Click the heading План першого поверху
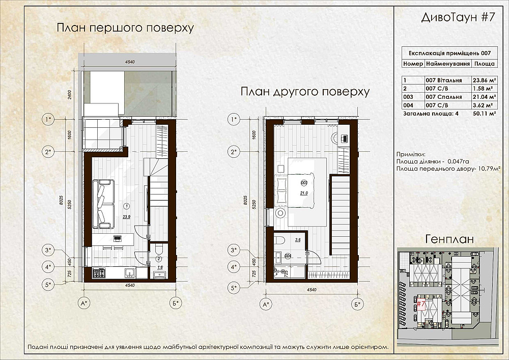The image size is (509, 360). coord(125,27)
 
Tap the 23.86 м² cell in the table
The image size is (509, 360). coord(484,80)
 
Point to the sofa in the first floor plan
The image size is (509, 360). coord(103,204)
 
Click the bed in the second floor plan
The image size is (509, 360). coord(301,190)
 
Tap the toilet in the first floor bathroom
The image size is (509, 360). coord(158,250)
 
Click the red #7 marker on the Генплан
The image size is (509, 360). coord(421,304)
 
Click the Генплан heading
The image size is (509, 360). coord(449,239)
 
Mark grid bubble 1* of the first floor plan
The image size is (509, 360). coord(49,120)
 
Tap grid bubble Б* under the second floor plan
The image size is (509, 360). coord(359,304)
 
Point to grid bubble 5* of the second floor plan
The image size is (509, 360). coord(234,288)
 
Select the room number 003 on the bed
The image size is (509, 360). coord(304,183)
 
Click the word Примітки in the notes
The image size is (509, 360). coord(410,154)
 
